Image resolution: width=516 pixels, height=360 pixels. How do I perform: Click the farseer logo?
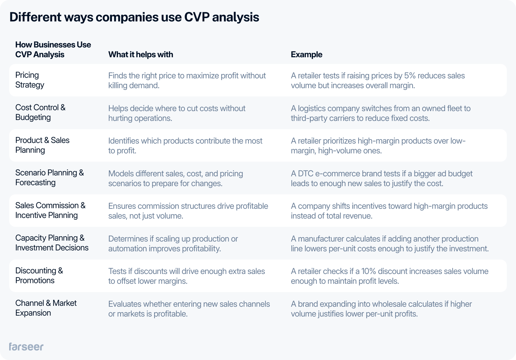pyautogui.click(x=26, y=347)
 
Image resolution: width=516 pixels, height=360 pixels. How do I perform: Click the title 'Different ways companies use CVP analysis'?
pyautogui.click(x=134, y=17)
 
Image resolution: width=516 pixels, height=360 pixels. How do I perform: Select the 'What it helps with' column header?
pyautogui.click(x=140, y=54)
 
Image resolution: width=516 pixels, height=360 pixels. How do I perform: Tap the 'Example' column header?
pyautogui.click(x=306, y=54)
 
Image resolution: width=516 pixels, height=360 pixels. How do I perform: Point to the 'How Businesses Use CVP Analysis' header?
pyautogui.click(x=53, y=50)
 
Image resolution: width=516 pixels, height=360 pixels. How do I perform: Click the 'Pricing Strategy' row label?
pyautogui.click(x=30, y=80)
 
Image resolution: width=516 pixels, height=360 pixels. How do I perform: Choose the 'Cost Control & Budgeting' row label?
pyautogui.click(x=40, y=112)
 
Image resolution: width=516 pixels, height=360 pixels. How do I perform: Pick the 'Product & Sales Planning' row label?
pyautogui.click(x=42, y=145)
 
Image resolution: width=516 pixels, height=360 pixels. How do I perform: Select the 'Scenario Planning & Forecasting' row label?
pyautogui.click(x=49, y=178)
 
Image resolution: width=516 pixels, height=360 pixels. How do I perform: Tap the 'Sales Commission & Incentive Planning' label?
pyautogui.click(x=50, y=210)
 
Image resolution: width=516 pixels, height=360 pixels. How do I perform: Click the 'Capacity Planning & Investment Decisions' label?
pyautogui.click(x=52, y=243)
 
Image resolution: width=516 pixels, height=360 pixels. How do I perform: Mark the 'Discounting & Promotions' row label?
pyautogui.click(x=39, y=276)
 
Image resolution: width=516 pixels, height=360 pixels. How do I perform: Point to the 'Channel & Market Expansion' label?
pyautogui.click(x=46, y=308)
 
